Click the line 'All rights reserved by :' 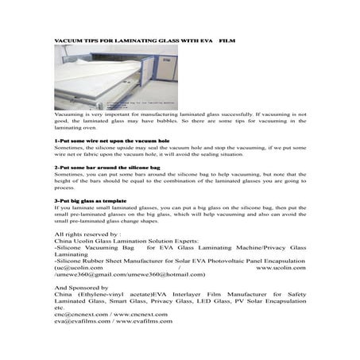(87, 236)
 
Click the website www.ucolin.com (282, 267)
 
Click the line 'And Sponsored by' (80, 287)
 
